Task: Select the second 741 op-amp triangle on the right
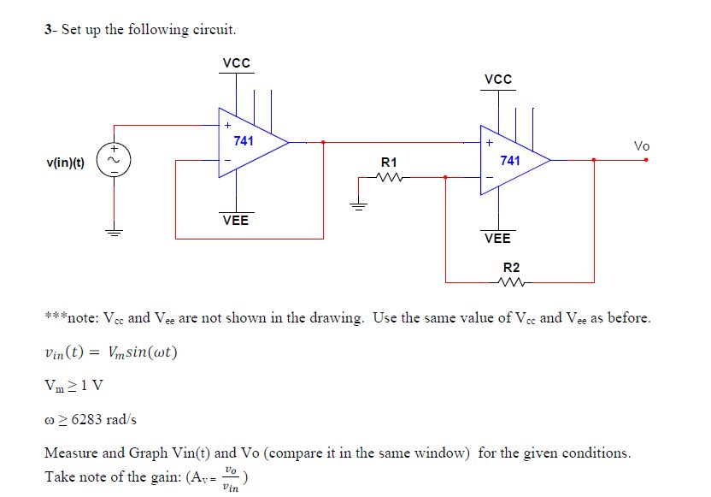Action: tap(514, 159)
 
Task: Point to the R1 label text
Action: tap(389, 161)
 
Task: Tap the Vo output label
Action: tap(642, 146)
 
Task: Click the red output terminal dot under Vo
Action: tap(647, 159)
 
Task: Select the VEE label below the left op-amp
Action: tap(236, 220)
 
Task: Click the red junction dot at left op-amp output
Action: tap(322, 143)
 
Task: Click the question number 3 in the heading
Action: tap(48, 30)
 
